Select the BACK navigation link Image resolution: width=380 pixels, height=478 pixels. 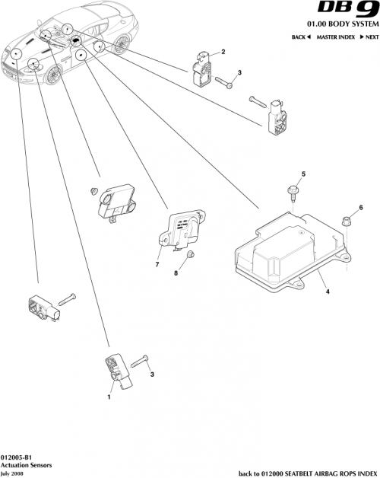point(301,37)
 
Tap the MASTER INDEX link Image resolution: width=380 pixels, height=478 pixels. point(335,37)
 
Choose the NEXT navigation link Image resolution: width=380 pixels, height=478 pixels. point(369,37)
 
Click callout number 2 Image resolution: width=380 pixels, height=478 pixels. point(223,52)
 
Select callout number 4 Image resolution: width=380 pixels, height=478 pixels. point(328,290)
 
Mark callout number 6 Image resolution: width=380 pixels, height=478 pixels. point(361,207)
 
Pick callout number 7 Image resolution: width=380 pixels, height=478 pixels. point(157,264)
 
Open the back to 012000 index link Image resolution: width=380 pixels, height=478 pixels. point(309,472)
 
